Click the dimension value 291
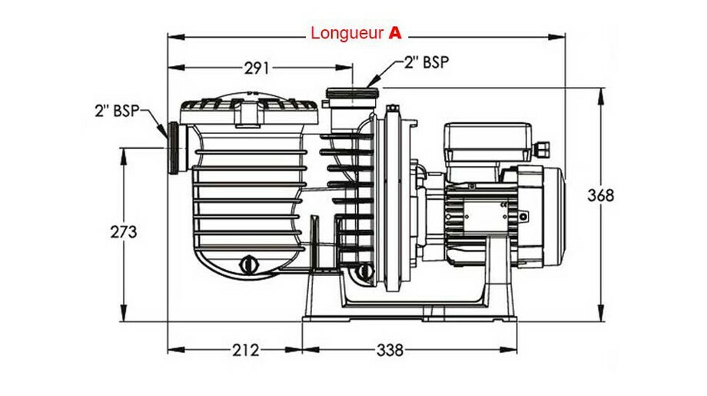pyautogui.click(x=256, y=68)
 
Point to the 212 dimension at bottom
pyautogui.click(x=244, y=351)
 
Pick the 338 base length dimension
pyautogui.click(x=389, y=351)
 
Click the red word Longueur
pyautogui.click(x=347, y=34)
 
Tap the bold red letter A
pyautogui.click(x=395, y=34)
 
